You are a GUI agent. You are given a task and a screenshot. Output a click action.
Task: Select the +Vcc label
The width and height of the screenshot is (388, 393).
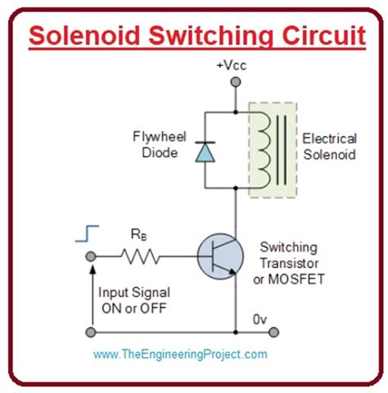click(236, 65)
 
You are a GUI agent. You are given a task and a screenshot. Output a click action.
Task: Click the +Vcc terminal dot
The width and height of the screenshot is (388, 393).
click(236, 82)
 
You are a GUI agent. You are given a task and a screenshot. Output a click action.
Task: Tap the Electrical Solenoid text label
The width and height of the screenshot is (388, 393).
click(328, 147)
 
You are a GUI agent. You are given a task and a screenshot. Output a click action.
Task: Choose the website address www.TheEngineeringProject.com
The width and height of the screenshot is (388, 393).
click(180, 355)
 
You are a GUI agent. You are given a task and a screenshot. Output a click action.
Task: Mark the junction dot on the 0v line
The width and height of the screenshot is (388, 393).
click(236, 332)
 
